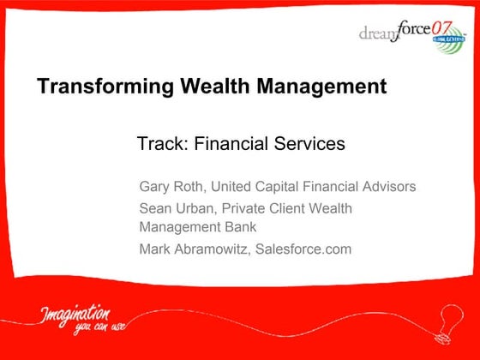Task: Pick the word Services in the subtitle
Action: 312,144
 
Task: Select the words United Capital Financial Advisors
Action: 314,187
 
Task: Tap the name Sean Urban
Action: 175,208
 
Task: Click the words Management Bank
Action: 198,227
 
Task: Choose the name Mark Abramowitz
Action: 194,249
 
